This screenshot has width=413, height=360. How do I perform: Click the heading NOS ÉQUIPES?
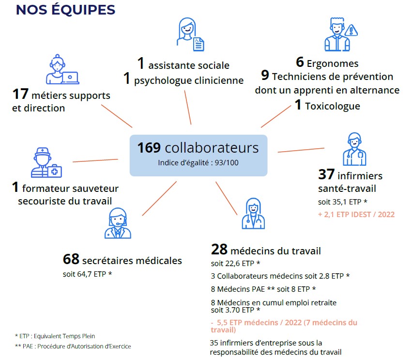pos(65,10)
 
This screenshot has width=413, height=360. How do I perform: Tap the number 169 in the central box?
pos(149,148)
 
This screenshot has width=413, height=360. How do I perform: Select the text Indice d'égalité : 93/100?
pos(199,163)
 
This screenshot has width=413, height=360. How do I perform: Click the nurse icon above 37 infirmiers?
pos(354,149)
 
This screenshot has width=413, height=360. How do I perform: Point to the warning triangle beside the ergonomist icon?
pos(351,31)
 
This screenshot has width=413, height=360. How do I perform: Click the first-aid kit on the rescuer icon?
pos(55,172)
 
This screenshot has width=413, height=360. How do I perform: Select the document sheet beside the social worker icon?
pos(199,44)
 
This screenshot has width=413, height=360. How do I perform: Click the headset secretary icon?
pos(118,223)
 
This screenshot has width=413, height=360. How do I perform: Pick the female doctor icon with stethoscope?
pos(253,214)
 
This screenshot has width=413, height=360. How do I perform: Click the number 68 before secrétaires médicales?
pos(71,259)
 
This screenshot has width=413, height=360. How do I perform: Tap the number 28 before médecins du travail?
pos(219,250)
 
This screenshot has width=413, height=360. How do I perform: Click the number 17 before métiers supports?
pos(20,94)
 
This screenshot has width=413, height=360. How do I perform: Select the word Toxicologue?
pos(333,106)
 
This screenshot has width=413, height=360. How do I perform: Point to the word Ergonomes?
pos(333,63)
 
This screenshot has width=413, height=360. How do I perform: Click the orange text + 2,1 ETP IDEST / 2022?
pos(356,215)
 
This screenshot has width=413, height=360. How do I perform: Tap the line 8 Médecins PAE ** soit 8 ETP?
pos(263,289)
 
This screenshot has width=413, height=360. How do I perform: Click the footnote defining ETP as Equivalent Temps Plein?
pos(55,336)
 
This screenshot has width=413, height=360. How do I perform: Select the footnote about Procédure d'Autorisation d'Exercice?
pos(73,346)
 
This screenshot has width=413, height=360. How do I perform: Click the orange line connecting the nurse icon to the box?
pos(301,150)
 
